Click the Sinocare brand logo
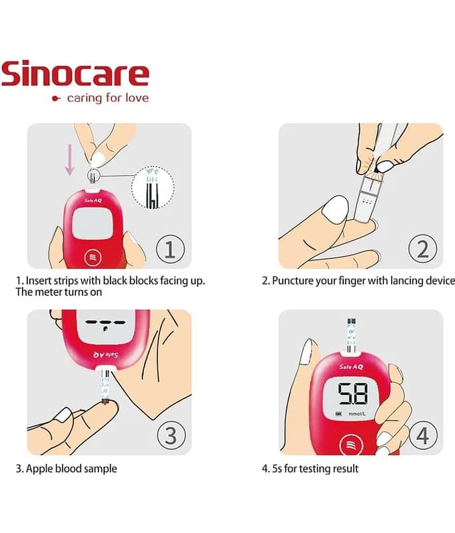point(75,74)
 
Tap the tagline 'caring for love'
point(108,98)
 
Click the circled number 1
point(171,249)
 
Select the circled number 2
point(423,249)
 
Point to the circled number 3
point(171,436)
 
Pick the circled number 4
point(423,436)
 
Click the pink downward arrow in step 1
point(70,160)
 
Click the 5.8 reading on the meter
point(352,394)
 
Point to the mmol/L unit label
point(357,414)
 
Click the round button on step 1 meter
point(93,258)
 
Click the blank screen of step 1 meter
point(93,223)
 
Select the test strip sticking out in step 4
point(351,336)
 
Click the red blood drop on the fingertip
point(105,402)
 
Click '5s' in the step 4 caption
point(276,469)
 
